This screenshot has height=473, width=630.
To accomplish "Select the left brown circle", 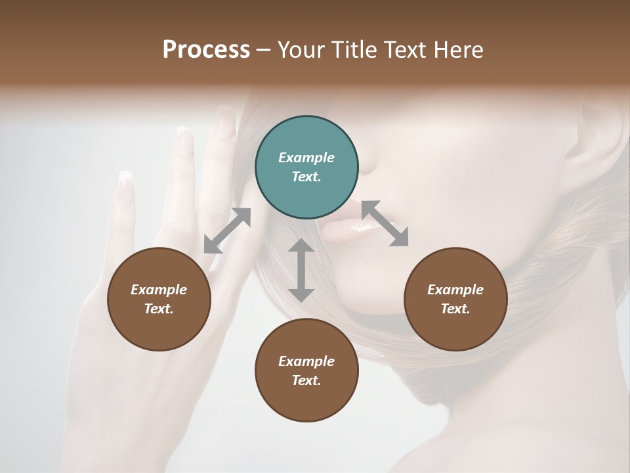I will click(x=159, y=299).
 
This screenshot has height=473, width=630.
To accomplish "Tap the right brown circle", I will click(x=455, y=299).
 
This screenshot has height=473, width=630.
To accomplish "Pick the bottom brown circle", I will click(x=306, y=371).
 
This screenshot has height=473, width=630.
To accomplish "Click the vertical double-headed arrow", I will click(x=301, y=270).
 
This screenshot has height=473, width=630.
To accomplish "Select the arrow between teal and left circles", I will click(x=227, y=231).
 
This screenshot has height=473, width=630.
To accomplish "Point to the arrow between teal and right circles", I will click(x=385, y=223).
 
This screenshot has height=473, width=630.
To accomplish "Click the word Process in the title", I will click(x=206, y=50).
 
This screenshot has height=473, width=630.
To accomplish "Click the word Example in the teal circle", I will click(x=306, y=158).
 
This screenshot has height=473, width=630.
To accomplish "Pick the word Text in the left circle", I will click(x=159, y=309).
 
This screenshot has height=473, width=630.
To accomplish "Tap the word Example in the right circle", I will click(x=455, y=290).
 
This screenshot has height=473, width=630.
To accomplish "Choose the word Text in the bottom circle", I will click(x=306, y=380).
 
